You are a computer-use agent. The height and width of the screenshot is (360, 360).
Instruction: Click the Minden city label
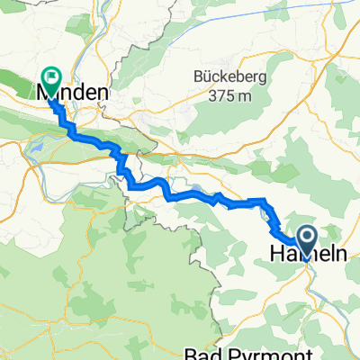pyautogui.click(x=73, y=93)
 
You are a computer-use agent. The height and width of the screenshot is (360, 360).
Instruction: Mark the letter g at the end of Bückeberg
pyautogui.click(x=262, y=78)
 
